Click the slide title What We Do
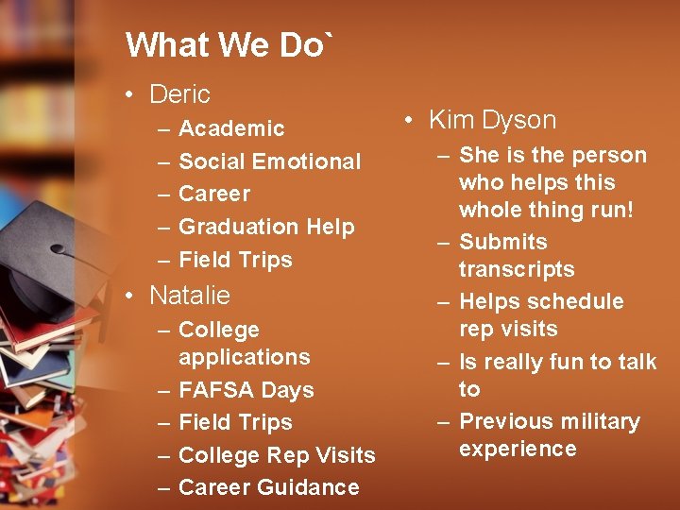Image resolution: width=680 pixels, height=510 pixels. coord(229,44)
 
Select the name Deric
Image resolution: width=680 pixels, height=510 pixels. coord(179,94)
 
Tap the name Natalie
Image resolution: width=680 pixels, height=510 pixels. coord(190,296)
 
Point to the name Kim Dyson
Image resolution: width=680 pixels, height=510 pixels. coord(492,120)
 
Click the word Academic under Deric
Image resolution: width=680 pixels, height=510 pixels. coord(231,128)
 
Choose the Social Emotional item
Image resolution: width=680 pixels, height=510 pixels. coord(269,161)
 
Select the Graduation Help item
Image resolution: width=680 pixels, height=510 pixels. coord(266,227)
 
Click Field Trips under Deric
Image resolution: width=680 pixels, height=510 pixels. coord(235,260)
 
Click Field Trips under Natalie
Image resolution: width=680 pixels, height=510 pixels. coord(235,422)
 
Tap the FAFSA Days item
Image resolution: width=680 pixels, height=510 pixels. coord(246,390)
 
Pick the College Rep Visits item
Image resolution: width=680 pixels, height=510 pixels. coord(277,455)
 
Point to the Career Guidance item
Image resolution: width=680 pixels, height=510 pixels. coord(268,487)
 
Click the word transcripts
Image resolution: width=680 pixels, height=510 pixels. coord(517,270)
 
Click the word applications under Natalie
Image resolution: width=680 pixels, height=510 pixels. coord(244,357)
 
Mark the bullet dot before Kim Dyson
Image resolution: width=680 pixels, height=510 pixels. coord(407,121)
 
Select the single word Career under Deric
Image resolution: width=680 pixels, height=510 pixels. coord(214,195)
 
